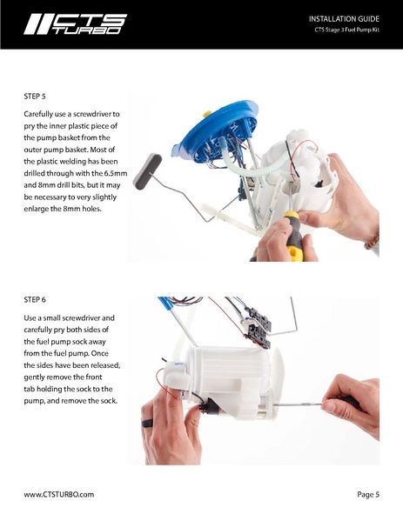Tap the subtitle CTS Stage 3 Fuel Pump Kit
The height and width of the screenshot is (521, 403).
tap(347, 32)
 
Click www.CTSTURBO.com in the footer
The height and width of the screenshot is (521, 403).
tap(58, 494)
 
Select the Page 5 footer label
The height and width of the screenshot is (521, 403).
tap(368, 494)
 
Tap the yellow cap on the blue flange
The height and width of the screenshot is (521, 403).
tap(207, 114)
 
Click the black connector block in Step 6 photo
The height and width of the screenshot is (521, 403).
tap(259, 323)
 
